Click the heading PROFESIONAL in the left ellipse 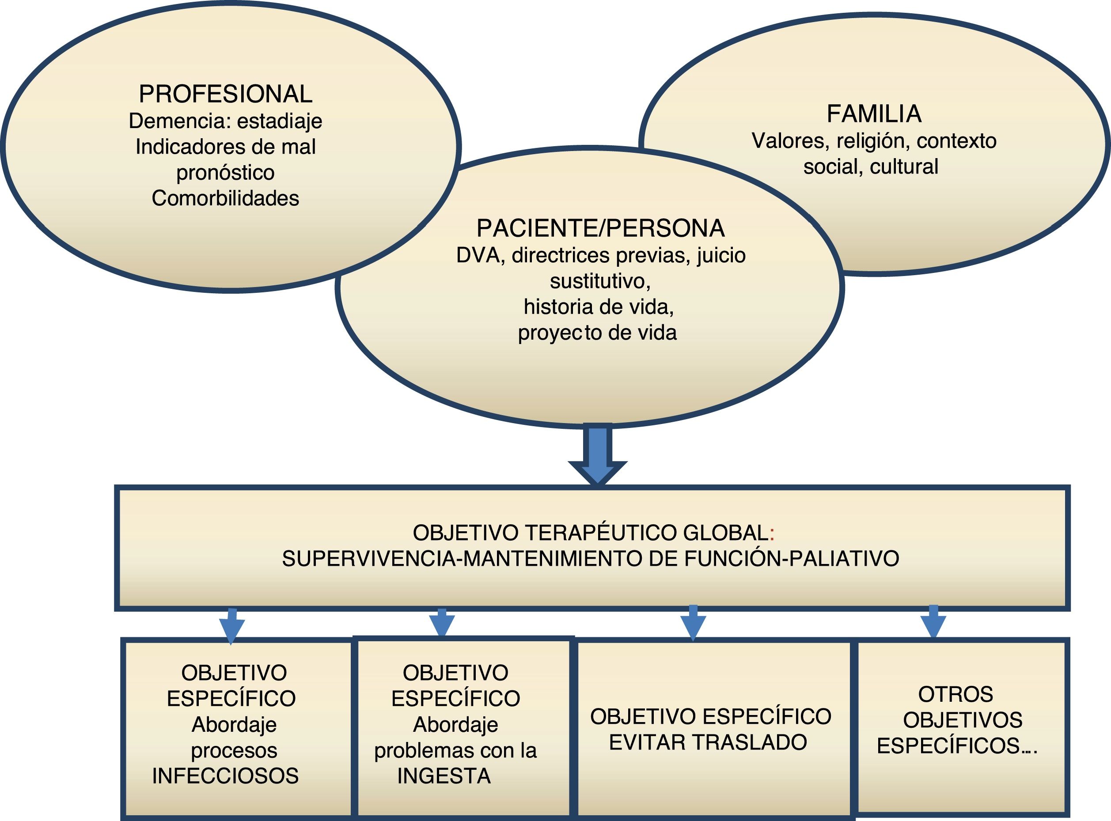[225, 94]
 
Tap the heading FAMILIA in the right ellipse [874, 114]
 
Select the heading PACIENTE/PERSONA [600, 228]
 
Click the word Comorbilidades [225, 198]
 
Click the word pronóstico [225, 172]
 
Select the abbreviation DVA [478, 255]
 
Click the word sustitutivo [600, 281]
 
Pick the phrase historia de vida [599, 306]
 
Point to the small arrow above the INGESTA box [442, 623]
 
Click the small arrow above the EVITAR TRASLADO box [693, 622]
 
